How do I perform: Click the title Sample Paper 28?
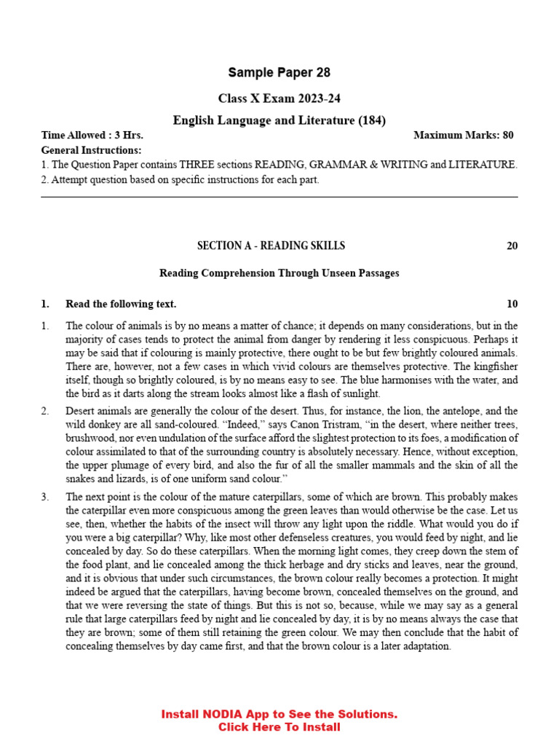coord(279,73)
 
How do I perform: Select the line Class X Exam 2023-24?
coord(279,98)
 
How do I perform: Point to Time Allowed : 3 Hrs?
coord(92,136)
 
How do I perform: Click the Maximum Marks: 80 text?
coord(463,136)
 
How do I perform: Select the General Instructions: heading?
coord(91,150)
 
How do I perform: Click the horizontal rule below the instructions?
coord(279,197)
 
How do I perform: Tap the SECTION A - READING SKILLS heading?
coord(271,246)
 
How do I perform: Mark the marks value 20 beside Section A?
coord(512,246)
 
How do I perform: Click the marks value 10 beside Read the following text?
coord(512,304)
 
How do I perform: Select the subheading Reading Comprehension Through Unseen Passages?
coord(279,274)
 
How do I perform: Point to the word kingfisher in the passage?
coord(494,366)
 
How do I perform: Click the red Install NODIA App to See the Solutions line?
coord(279,715)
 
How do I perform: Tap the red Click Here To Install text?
coord(279,727)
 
